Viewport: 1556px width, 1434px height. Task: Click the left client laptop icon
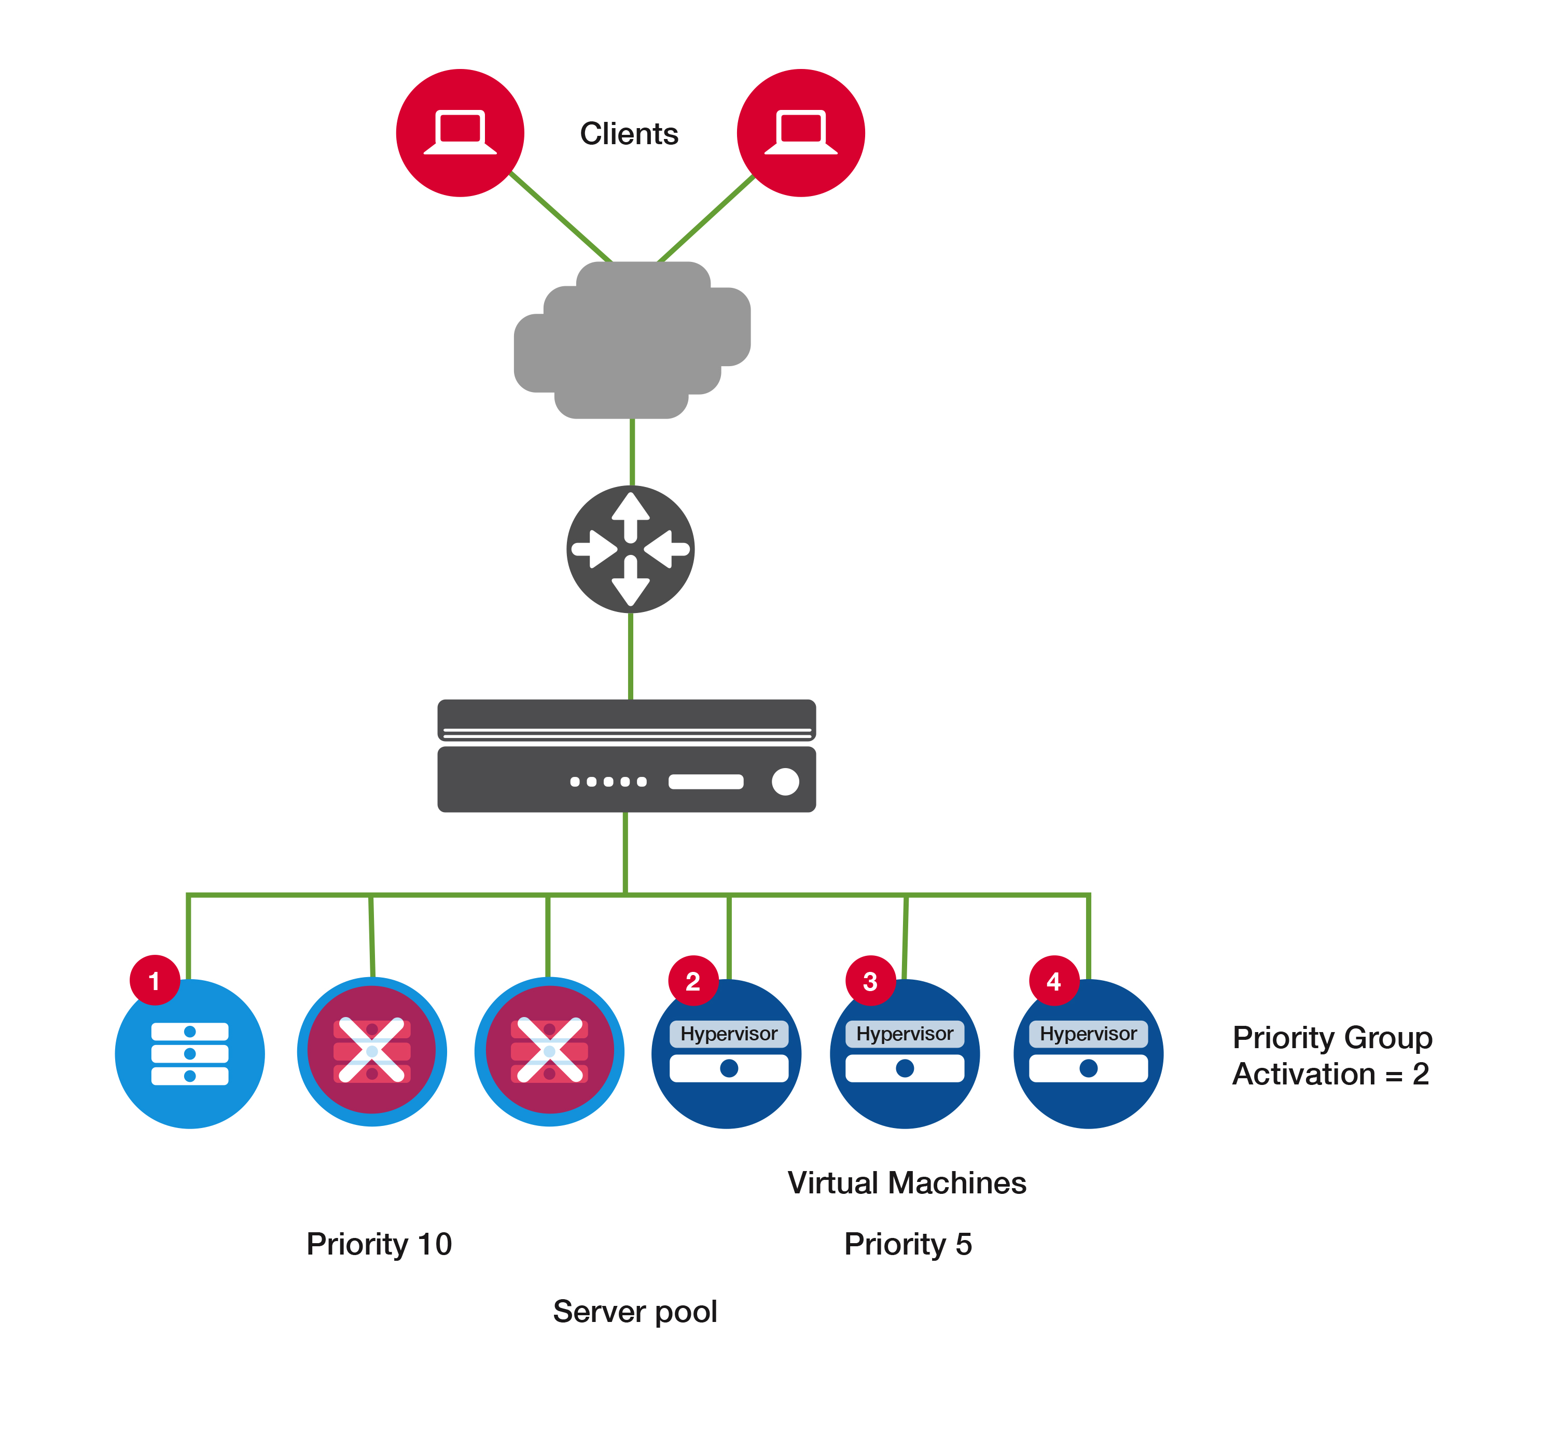pyautogui.click(x=460, y=133)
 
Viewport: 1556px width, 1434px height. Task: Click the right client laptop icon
pyautogui.click(x=801, y=133)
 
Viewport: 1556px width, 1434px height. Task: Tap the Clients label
pyautogui.click(x=629, y=133)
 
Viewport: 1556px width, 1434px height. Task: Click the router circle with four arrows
pyautogui.click(x=630, y=549)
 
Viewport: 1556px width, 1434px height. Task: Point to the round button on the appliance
pyautogui.click(x=785, y=782)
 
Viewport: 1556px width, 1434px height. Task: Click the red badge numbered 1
pyautogui.click(x=155, y=980)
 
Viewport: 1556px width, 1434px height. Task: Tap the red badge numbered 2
pyautogui.click(x=693, y=981)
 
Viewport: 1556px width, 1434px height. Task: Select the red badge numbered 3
pyautogui.click(x=870, y=981)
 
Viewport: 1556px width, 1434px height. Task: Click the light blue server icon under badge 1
pyautogui.click(x=190, y=1054)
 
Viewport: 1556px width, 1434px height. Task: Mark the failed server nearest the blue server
pyautogui.click(x=372, y=1051)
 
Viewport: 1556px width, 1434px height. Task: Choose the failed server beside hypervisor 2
pyautogui.click(x=549, y=1051)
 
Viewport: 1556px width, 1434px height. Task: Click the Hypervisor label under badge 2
pyautogui.click(x=729, y=1034)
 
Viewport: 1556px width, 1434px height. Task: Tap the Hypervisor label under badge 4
pyautogui.click(x=1088, y=1034)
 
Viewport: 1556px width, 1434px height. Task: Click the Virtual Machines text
pyautogui.click(x=907, y=1182)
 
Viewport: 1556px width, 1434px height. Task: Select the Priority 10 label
pyautogui.click(x=379, y=1244)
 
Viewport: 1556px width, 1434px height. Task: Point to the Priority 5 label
pyautogui.click(x=908, y=1244)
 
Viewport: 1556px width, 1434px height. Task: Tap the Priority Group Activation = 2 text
pyautogui.click(x=1332, y=1055)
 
